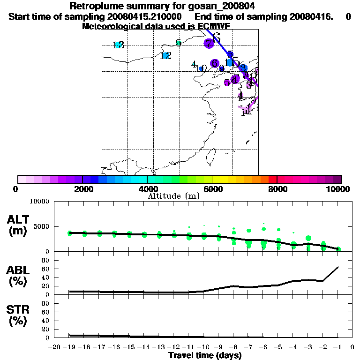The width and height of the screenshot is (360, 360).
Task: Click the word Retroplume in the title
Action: (x=92, y=6)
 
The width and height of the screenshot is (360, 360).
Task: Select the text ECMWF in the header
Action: (x=214, y=26)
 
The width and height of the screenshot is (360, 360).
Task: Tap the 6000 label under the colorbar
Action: (x=212, y=189)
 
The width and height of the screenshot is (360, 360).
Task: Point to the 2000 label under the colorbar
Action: (x=82, y=189)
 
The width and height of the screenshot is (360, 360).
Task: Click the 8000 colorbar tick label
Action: (x=277, y=189)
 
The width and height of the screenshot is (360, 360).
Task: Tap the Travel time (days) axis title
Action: (x=205, y=356)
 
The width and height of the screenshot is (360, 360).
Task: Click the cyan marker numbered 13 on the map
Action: (x=118, y=45)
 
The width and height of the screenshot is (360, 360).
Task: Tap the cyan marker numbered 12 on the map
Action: (x=165, y=56)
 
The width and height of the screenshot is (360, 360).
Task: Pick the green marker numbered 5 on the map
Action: (x=178, y=43)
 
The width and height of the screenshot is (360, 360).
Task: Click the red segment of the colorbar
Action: (x=272, y=179)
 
